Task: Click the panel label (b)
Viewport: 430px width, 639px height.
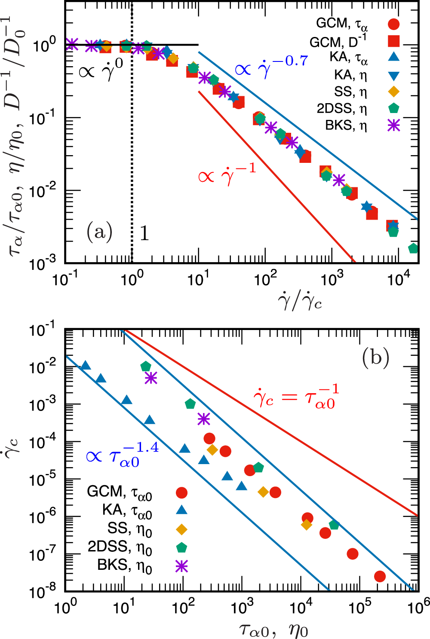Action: coord(375,357)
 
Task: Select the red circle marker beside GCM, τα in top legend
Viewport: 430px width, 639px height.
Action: coord(393,24)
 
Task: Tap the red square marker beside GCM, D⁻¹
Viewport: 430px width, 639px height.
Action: coord(393,41)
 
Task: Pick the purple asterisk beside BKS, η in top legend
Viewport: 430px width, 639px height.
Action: coord(393,125)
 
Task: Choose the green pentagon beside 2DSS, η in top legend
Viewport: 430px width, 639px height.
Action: coord(393,109)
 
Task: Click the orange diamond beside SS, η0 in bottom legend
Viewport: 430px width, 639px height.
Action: coord(182,529)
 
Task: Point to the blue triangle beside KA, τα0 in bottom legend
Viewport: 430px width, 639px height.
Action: coord(182,510)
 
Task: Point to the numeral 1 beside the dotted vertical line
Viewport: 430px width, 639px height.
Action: coord(144,233)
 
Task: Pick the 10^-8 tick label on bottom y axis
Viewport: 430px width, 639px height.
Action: coord(43,592)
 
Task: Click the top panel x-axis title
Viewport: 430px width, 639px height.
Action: coord(300,302)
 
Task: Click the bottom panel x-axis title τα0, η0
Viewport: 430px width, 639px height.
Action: coord(273,630)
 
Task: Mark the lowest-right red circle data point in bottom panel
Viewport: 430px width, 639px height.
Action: coord(380,576)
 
